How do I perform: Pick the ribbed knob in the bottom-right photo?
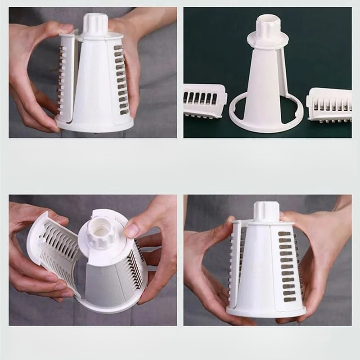[266, 211]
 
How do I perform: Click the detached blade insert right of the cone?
[329, 104]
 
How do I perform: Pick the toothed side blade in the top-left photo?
[62, 81]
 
